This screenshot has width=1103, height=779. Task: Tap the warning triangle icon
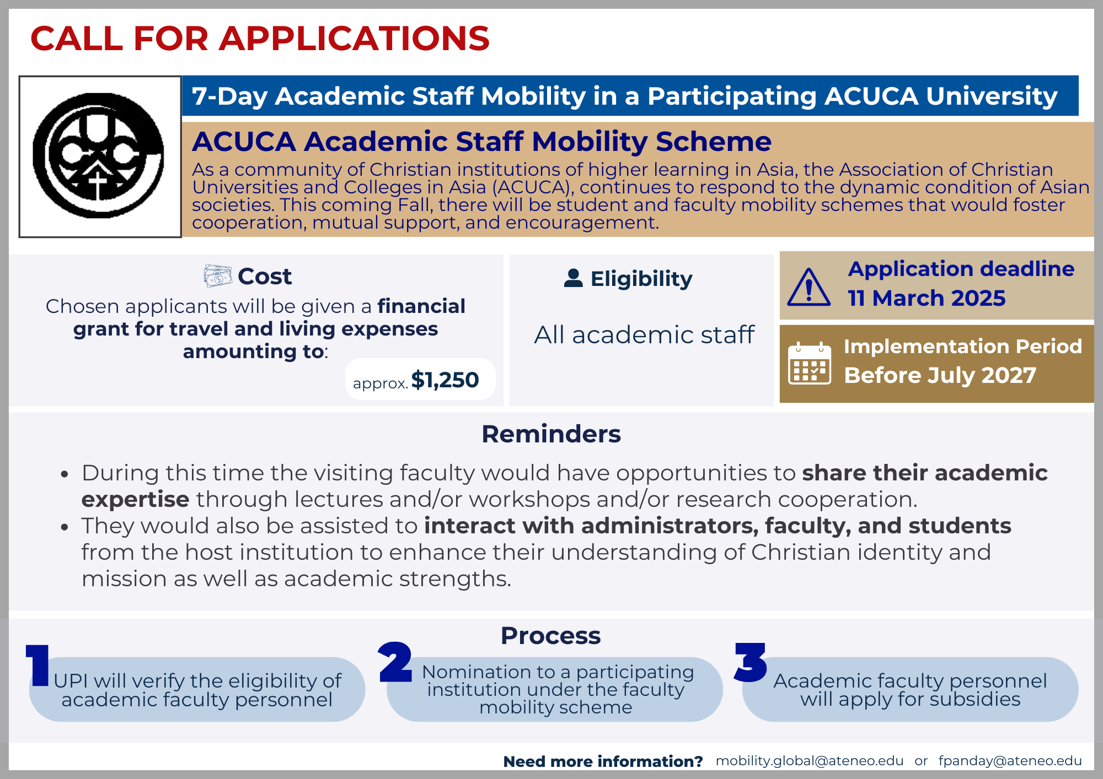click(x=808, y=288)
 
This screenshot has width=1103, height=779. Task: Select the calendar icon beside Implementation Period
click(x=809, y=363)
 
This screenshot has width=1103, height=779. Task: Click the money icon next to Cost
click(x=217, y=276)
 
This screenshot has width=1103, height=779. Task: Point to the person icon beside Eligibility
click(x=573, y=278)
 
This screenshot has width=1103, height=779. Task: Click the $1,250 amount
click(x=445, y=380)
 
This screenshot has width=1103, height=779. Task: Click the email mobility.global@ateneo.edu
click(x=809, y=761)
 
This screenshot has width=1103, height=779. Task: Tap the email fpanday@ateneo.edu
click(x=1010, y=761)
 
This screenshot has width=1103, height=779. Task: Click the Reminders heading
click(x=551, y=434)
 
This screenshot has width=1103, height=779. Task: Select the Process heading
click(x=550, y=636)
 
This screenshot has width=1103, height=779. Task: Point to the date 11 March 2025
click(x=927, y=298)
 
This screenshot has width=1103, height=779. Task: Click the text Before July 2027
click(x=940, y=375)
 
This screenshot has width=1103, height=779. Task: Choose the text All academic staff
click(x=644, y=335)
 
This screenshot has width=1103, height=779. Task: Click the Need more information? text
click(x=603, y=761)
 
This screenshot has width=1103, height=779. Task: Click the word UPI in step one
click(x=71, y=681)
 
